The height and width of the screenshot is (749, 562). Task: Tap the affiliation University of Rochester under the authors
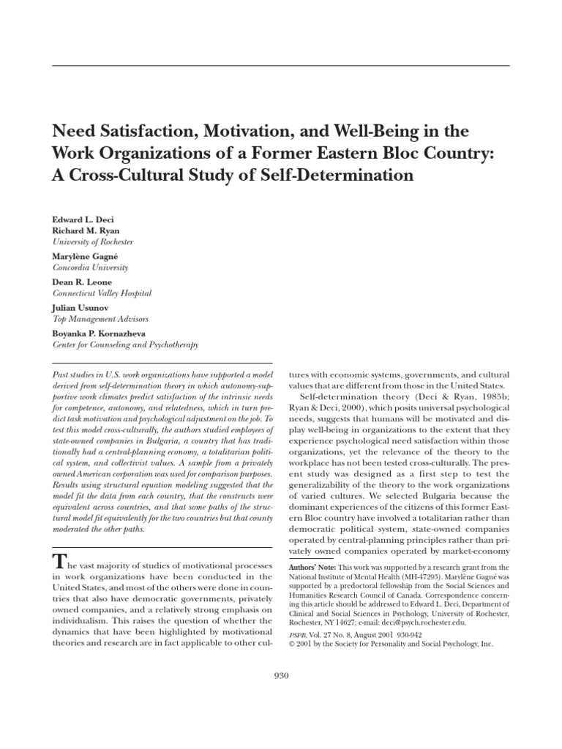[x=92, y=241]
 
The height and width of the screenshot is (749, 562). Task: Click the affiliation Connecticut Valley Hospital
[x=102, y=293]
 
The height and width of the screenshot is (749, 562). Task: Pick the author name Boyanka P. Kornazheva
[x=98, y=333]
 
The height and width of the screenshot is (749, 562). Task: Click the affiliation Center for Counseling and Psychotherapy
[x=124, y=345]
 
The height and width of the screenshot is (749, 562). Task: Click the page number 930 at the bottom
[x=280, y=676]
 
